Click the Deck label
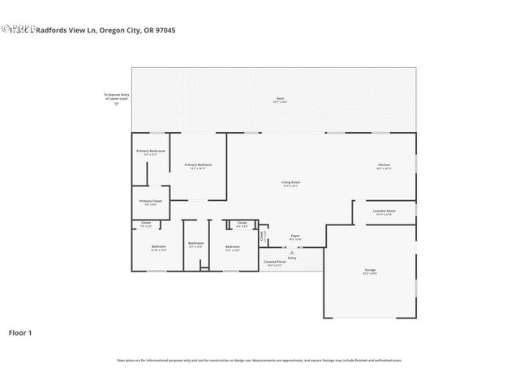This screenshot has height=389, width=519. coord(280,100)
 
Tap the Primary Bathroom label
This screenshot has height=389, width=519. coord(151,152)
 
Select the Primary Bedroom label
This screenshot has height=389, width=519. coord(198,166)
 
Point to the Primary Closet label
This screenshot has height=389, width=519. coord(151,202)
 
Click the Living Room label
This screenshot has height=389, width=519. coord(291,184)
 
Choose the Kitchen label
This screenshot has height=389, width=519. coord(384,166)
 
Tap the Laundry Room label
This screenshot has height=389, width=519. coord(384,212)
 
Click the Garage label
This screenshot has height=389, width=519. coord(370,271)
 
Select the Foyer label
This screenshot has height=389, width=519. coord(295,237)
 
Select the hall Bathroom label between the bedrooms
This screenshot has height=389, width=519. coord(195,244)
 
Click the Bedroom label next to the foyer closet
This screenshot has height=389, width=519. coord(232,247)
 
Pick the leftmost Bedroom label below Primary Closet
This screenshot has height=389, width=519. coord(158,248)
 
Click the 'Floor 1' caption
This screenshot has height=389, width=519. coord(20,332)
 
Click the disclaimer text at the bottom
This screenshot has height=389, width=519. coord(259,360)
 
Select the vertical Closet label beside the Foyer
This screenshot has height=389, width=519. coord(262,237)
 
